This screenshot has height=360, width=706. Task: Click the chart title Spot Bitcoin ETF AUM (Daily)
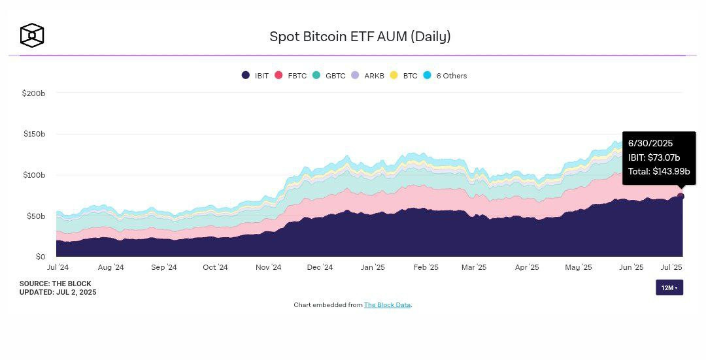coord(360,37)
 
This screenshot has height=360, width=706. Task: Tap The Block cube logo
coord(31,35)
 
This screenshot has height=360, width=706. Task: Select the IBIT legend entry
coord(255,76)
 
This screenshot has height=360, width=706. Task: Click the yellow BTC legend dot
coord(394,76)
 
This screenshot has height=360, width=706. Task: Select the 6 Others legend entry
coord(445,76)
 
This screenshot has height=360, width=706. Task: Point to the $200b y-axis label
coord(33,93)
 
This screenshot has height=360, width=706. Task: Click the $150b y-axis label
coord(33,134)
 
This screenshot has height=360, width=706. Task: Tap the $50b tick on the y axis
coord(35,216)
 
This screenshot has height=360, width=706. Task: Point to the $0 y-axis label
coord(40,257)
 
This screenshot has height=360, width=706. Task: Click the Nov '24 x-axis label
coord(268,267)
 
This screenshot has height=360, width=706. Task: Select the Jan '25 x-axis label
coord(373,267)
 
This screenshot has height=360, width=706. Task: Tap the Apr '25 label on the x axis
coord(527,267)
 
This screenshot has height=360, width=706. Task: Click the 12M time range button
coord(669,287)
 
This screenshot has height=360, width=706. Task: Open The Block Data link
coord(388,305)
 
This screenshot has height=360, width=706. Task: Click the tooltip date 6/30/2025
coord(650,143)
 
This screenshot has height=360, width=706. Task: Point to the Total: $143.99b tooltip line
coord(659,171)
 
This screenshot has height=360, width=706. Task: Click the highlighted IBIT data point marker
coord(681,196)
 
